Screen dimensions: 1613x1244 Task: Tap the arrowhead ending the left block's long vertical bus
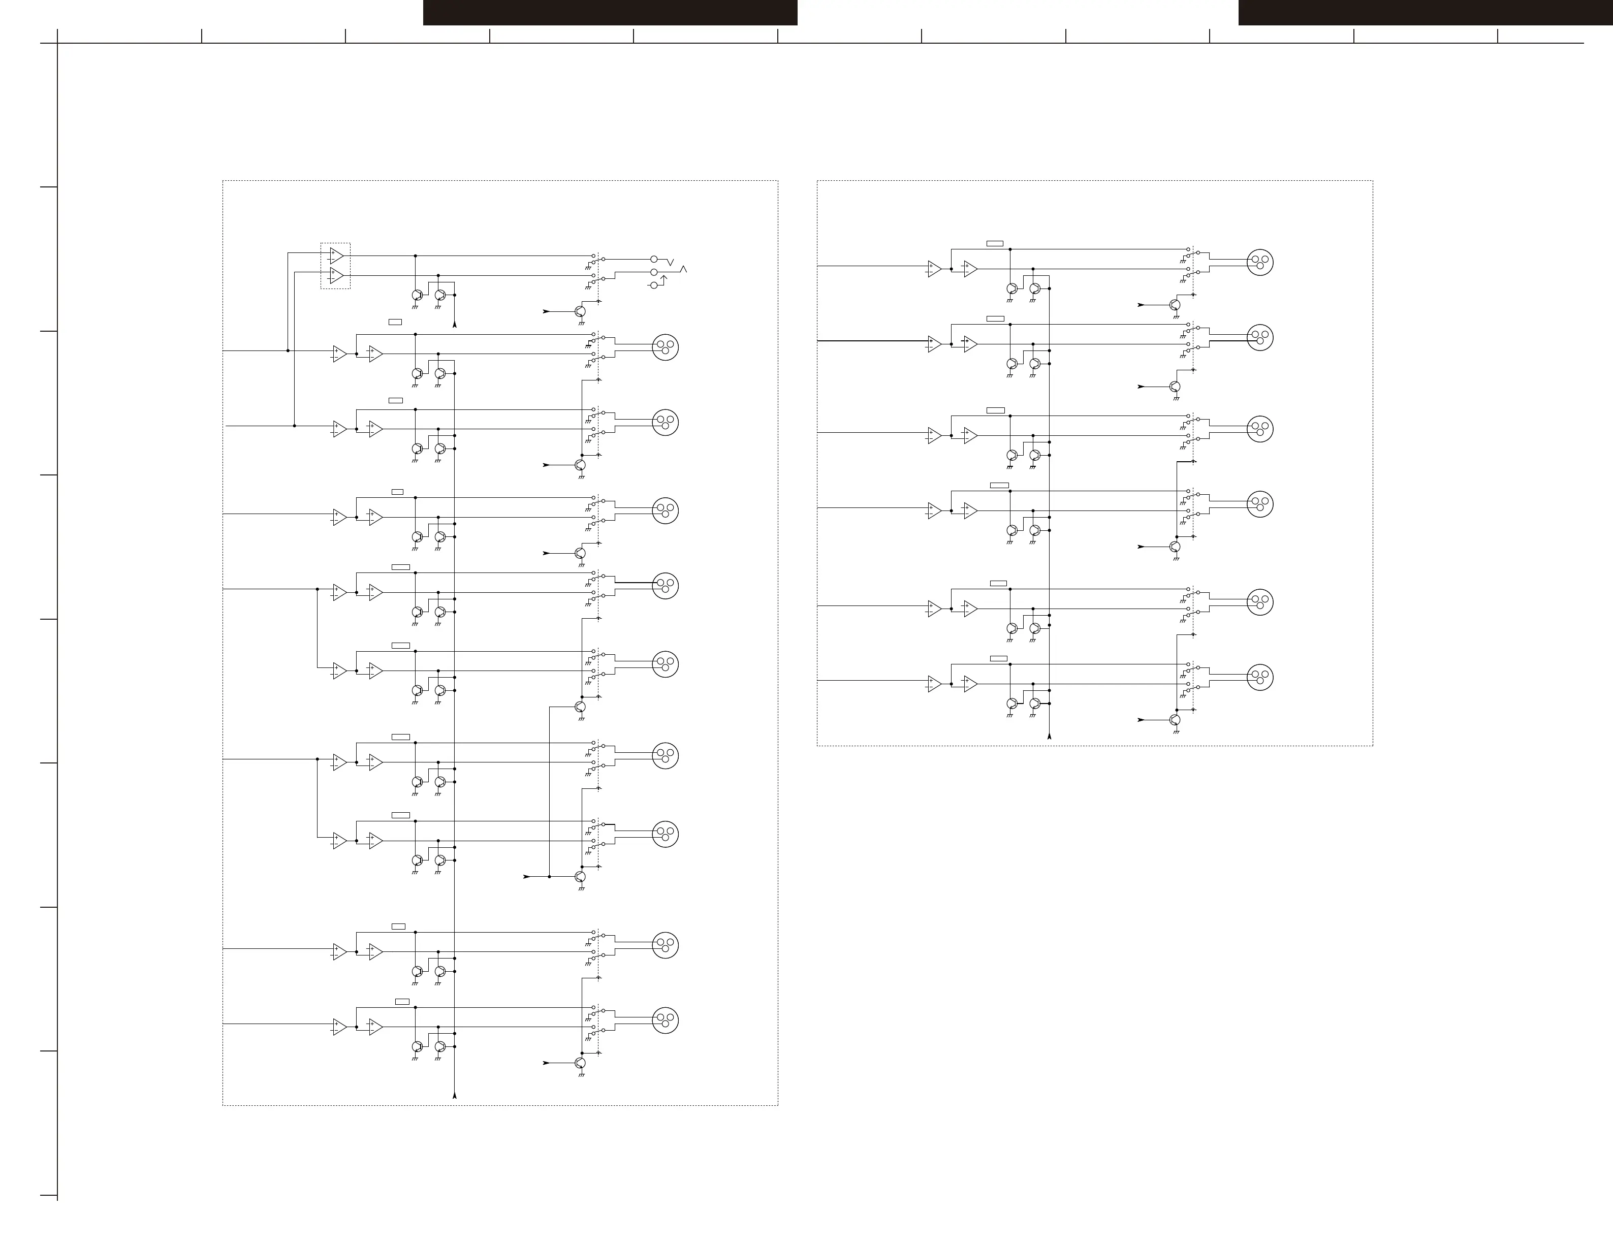pyautogui.click(x=454, y=1096)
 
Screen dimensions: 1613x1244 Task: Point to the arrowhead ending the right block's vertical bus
pyautogui.click(x=1050, y=736)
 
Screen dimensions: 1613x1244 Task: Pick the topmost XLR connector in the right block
pyautogui.click(x=1260, y=262)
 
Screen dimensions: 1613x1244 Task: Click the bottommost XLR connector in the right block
pyautogui.click(x=1260, y=677)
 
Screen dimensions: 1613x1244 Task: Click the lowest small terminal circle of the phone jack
pyautogui.click(x=653, y=285)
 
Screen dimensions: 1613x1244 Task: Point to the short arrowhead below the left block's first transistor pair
pyautogui.click(x=454, y=324)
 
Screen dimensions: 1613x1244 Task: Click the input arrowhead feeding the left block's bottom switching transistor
pyautogui.click(x=546, y=1063)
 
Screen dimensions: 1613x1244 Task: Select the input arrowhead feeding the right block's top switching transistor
pyautogui.click(x=1141, y=305)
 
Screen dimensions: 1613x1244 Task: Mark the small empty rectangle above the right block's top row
pyautogui.click(x=995, y=243)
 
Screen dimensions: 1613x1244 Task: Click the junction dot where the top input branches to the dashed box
pyautogui.click(x=288, y=350)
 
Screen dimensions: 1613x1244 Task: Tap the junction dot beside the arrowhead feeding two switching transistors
pyautogui.click(x=550, y=876)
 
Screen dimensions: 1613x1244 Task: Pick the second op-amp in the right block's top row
pyautogui.click(x=970, y=269)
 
